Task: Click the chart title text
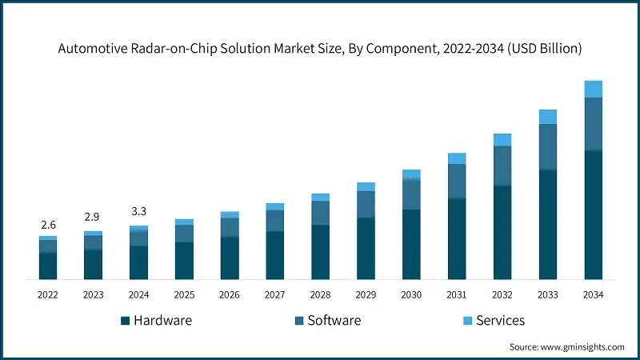(x=320, y=48)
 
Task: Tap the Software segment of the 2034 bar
(x=593, y=124)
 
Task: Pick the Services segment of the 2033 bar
(x=547, y=117)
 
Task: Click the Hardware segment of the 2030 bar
(x=411, y=244)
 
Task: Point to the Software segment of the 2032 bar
(x=502, y=166)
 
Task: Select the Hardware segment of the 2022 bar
(x=48, y=266)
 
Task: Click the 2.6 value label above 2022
(x=48, y=226)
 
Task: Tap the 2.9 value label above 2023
(x=94, y=218)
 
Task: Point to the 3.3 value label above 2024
(x=139, y=212)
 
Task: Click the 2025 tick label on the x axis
(x=184, y=295)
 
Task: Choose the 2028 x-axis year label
(x=320, y=295)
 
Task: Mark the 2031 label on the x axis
(x=457, y=295)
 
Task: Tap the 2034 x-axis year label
(x=593, y=295)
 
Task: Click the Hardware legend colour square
(x=125, y=321)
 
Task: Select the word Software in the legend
(x=334, y=321)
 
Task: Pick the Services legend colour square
(x=467, y=321)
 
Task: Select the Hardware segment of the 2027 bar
(x=275, y=255)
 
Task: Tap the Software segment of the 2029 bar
(x=366, y=204)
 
